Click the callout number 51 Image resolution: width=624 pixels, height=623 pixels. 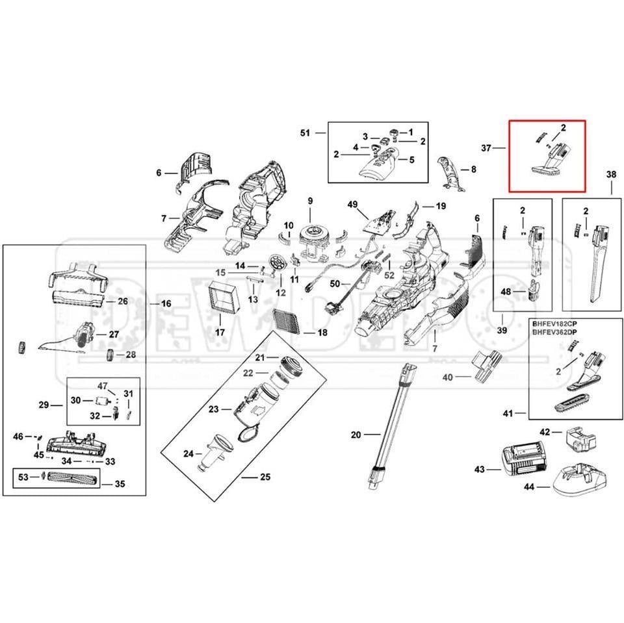tap(305, 133)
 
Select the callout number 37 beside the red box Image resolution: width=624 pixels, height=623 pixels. tap(486, 148)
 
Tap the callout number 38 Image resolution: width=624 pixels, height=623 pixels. tap(610, 174)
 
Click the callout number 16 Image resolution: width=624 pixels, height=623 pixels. tap(166, 303)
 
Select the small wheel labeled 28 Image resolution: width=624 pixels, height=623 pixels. tap(110, 355)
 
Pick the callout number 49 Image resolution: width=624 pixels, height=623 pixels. tap(353, 205)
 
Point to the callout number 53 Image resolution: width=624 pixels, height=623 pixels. tap(23, 477)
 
